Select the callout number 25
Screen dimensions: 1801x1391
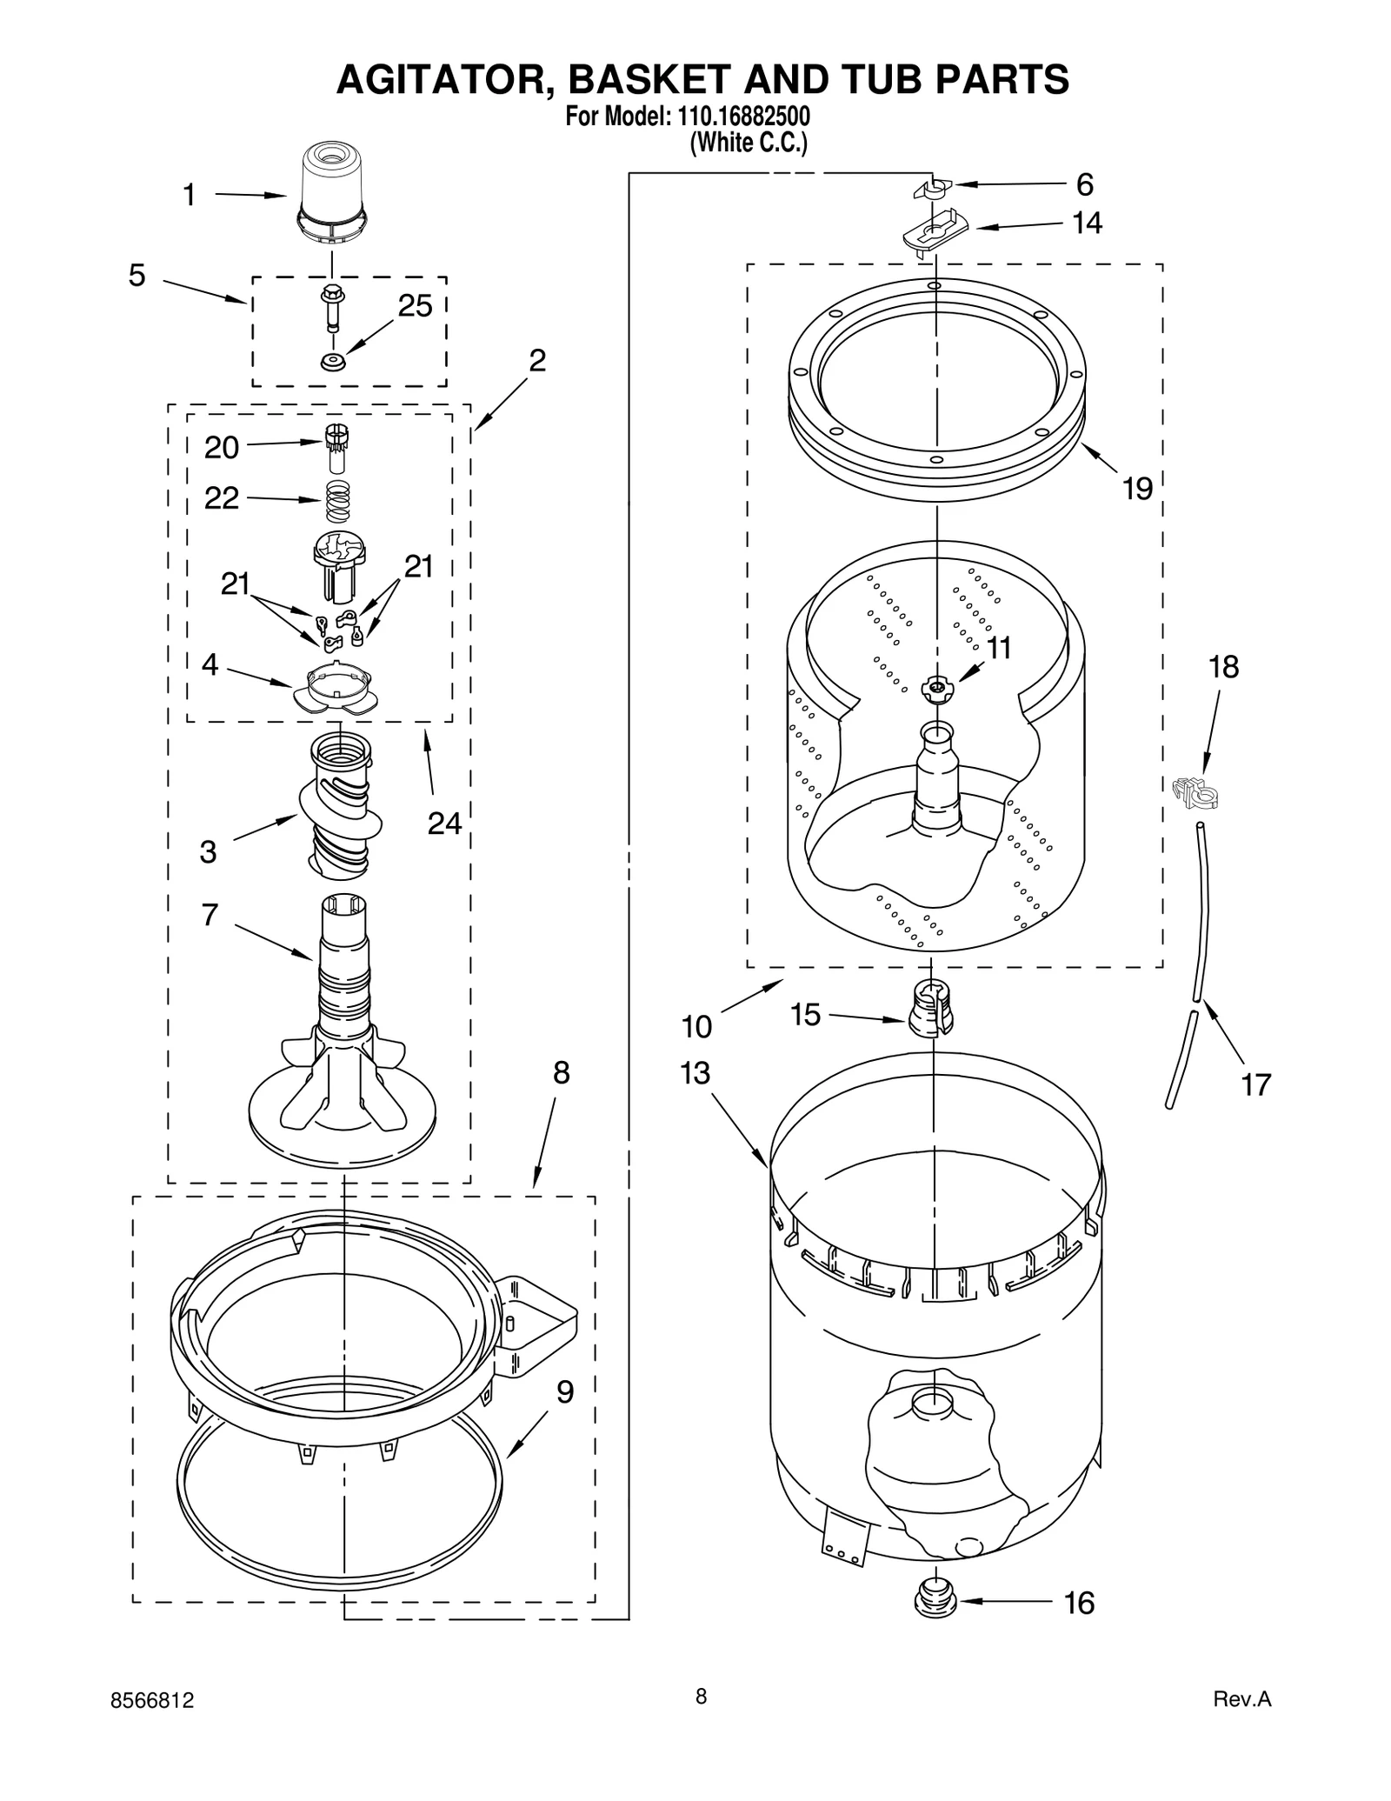pos(415,306)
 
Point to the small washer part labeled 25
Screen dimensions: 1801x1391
pos(331,361)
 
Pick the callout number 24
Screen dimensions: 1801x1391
pos(444,823)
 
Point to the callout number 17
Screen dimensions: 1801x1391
pos(1255,1084)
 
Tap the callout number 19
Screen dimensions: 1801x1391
pos(1136,488)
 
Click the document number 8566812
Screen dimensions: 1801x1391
pos(153,1701)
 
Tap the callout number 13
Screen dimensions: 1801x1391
pos(695,1073)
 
